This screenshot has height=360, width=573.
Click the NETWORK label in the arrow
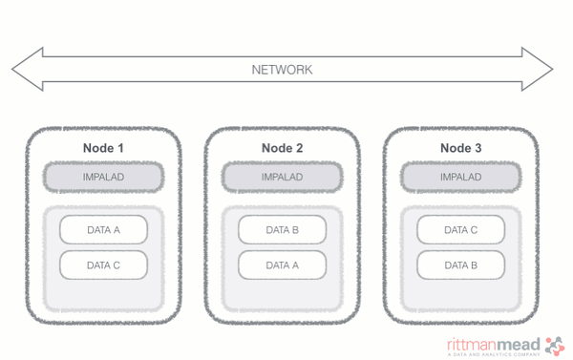(x=282, y=70)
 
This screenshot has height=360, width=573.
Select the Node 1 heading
(x=103, y=148)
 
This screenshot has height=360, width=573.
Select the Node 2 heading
(x=282, y=148)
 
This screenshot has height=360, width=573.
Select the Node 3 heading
(x=460, y=148)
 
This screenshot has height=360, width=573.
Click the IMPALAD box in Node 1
(x=103, y=177)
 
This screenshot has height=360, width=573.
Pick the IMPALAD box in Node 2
(x=282, y=177)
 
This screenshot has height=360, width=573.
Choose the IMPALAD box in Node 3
(x=460, y=177)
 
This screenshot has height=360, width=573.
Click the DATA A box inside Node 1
(x=103, y=230)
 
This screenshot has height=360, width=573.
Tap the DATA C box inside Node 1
(x=103, y=265)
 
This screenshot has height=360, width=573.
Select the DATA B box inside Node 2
(x=282, y=230)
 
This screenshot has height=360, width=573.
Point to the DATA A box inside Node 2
(x=282, y=265)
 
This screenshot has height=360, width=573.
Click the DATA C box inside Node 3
(x=460, y=230)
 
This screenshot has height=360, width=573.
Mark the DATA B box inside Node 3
(x=460, y=265)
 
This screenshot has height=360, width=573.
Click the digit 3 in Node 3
(x=477, y=148)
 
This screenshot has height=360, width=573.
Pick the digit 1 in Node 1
(x=120, y=148)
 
